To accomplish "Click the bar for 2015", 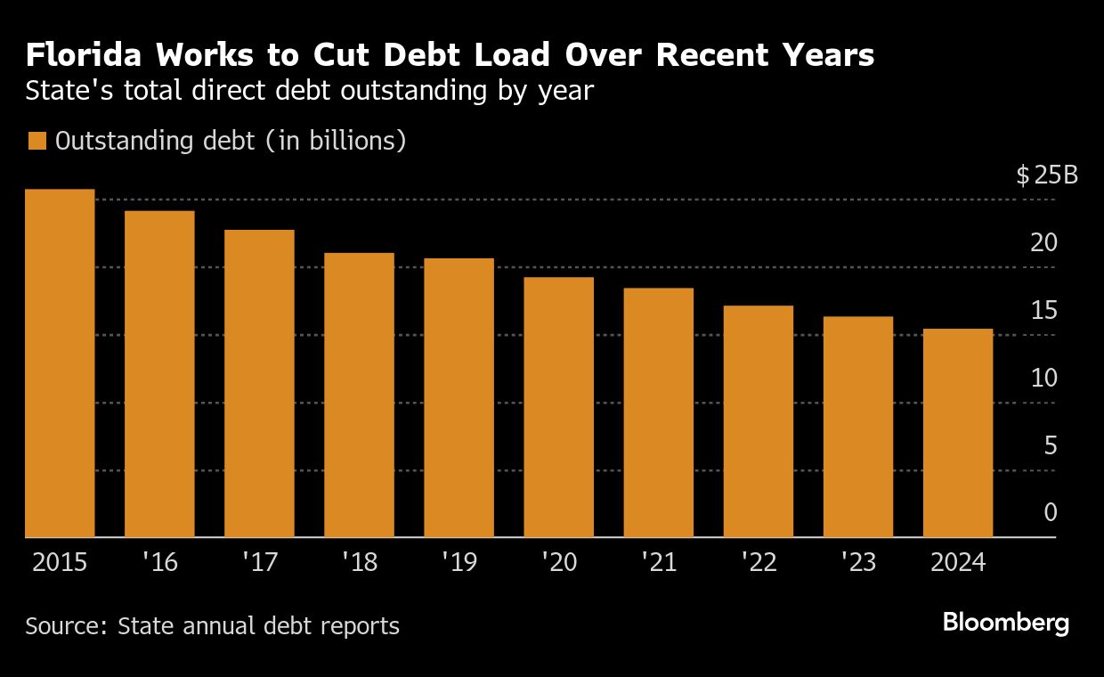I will pyautogui.click(x=60, y=363).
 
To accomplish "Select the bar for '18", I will pyautogui.click(x=359, y=396).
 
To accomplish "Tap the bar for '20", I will pyautogui.click(x=558, y=407).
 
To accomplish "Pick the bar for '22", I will pyautogui.click(x=758, y=421).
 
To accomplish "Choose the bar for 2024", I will pyautogui.click(x=957, y=433).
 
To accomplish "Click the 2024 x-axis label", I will pyautogui.click(x=957, y=563).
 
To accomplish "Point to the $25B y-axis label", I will pyautogui.click(x=1047, y=175).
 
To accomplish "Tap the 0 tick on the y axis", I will pyautogui.click(x=1051, y=513).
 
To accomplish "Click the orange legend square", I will pyautogui.click(x=37, y=142).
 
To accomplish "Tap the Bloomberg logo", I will pyautogui.click(x=1006, y=623).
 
